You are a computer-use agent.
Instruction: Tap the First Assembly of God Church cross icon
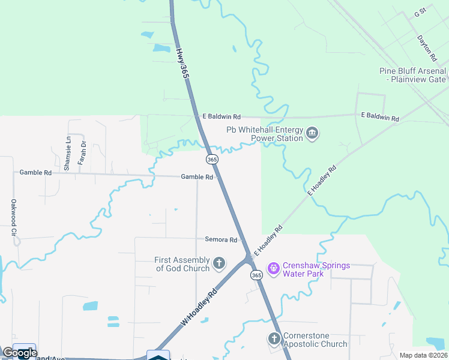[219, 263]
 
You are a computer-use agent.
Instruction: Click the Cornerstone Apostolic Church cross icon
[274, 339]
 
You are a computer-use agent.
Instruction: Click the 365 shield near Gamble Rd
[212, 159]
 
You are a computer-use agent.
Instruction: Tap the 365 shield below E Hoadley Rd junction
[256, 275]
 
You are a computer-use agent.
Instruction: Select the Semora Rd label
[221, 239]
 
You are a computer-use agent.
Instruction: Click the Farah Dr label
[83, 153]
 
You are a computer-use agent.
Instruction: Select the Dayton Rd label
[427, 48]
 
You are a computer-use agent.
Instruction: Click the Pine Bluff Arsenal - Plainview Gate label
[413, 75]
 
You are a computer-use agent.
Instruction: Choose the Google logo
[20, 353]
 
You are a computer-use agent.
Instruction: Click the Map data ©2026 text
[423, 355]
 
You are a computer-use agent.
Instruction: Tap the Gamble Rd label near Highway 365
[197, 177]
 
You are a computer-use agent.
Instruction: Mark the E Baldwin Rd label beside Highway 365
[221, 116]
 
